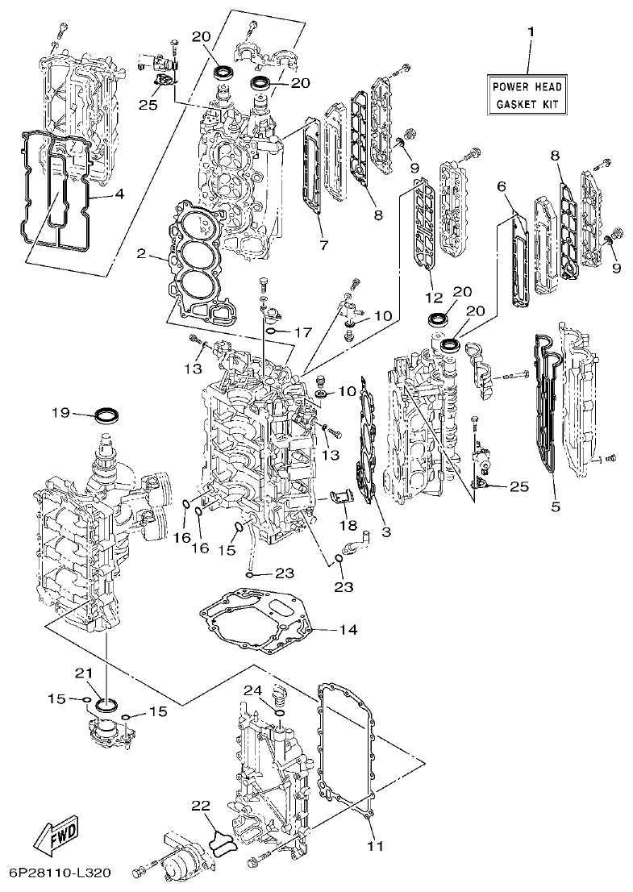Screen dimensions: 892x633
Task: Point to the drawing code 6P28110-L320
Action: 60,873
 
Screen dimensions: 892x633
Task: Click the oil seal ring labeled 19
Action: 107,416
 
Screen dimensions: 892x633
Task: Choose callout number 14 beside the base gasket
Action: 348,628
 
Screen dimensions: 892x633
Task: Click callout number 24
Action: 252,690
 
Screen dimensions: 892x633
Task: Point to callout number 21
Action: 85,673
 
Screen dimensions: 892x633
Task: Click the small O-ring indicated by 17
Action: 273,331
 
